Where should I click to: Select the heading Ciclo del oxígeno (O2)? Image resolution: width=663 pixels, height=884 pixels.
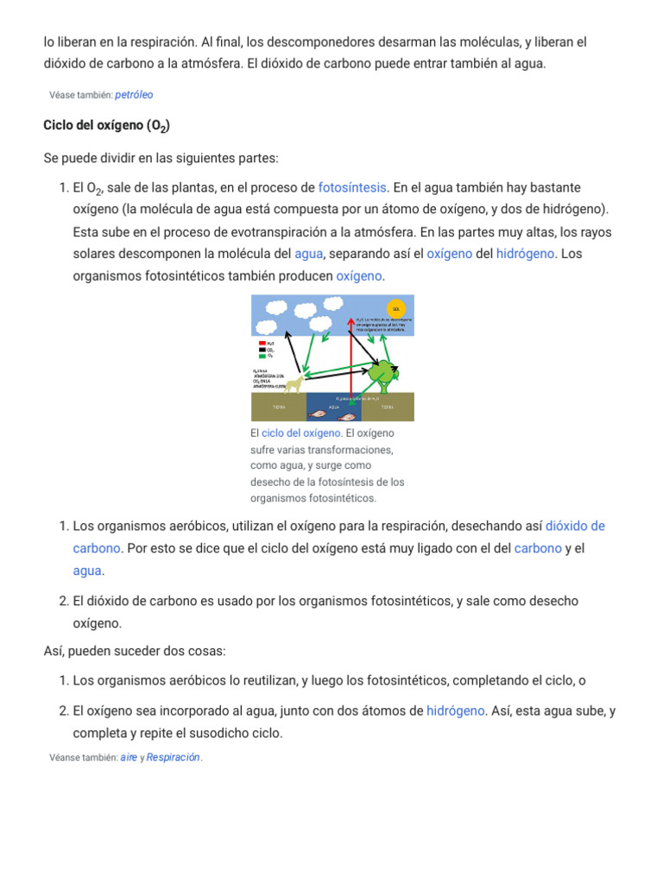pyautogui.click(x=106, y=127)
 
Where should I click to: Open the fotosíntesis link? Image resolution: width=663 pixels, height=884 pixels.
pyautogui.click(x=352, y=187)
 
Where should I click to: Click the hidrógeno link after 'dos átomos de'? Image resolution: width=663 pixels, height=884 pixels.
pyautogui.click(x=456, y=711)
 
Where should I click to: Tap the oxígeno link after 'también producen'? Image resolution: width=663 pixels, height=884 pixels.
pyautogui.click(x=359, y=276)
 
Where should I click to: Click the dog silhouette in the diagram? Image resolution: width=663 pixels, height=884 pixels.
pyautogui.click(x=294, y=382)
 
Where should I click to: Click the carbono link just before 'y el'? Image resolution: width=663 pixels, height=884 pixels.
pyautogui.click(x=538, y=548)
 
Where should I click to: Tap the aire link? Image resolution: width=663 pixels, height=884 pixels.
pyautogui.click(x=129, y=757)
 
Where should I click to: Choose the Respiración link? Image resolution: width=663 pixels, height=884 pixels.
pyautogui.click(x=173, y=757)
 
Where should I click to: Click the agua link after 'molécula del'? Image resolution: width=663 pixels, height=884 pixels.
pyautogui.click(x=308, y=254)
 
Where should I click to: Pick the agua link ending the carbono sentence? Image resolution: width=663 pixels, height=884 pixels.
pyautogui.click(x=87, y=571)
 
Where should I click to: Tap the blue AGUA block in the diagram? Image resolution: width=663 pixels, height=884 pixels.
pyautogui.click(x=331, y=407)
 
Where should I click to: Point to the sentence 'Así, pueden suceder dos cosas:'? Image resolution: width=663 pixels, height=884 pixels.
pyautogui.click(x=134, y=650)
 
